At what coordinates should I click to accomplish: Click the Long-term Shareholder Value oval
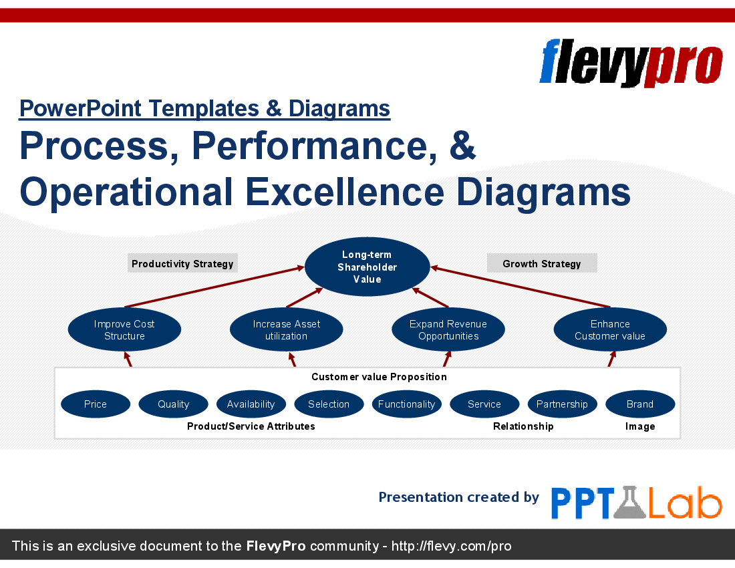[367, 267]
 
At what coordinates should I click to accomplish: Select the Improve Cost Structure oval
[124, 329]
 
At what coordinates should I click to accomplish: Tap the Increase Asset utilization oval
[287, 329]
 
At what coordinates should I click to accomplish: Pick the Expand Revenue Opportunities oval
[448, 329]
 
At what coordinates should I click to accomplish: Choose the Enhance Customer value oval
[610, 329]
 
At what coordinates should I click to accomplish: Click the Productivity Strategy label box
[182, 263]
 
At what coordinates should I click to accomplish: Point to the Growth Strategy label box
[542, 263]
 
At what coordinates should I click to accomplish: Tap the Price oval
[96, 404]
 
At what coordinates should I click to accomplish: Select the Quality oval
[174, 404]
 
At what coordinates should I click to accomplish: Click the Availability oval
[251, 404]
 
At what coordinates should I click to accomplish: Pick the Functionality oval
[406, 404]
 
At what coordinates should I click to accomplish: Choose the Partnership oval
[562, 404]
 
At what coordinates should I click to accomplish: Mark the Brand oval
[640, 404]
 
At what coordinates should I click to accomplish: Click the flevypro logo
[631, 62]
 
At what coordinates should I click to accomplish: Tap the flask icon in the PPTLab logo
[629, 503]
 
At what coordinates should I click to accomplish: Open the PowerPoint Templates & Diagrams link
[204, 109]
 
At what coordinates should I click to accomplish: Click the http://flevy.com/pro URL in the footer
[451, 546]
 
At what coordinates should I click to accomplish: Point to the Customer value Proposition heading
[379, 377]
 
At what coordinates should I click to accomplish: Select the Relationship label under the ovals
[523, 426]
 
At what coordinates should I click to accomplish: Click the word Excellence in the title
[345, 191]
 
